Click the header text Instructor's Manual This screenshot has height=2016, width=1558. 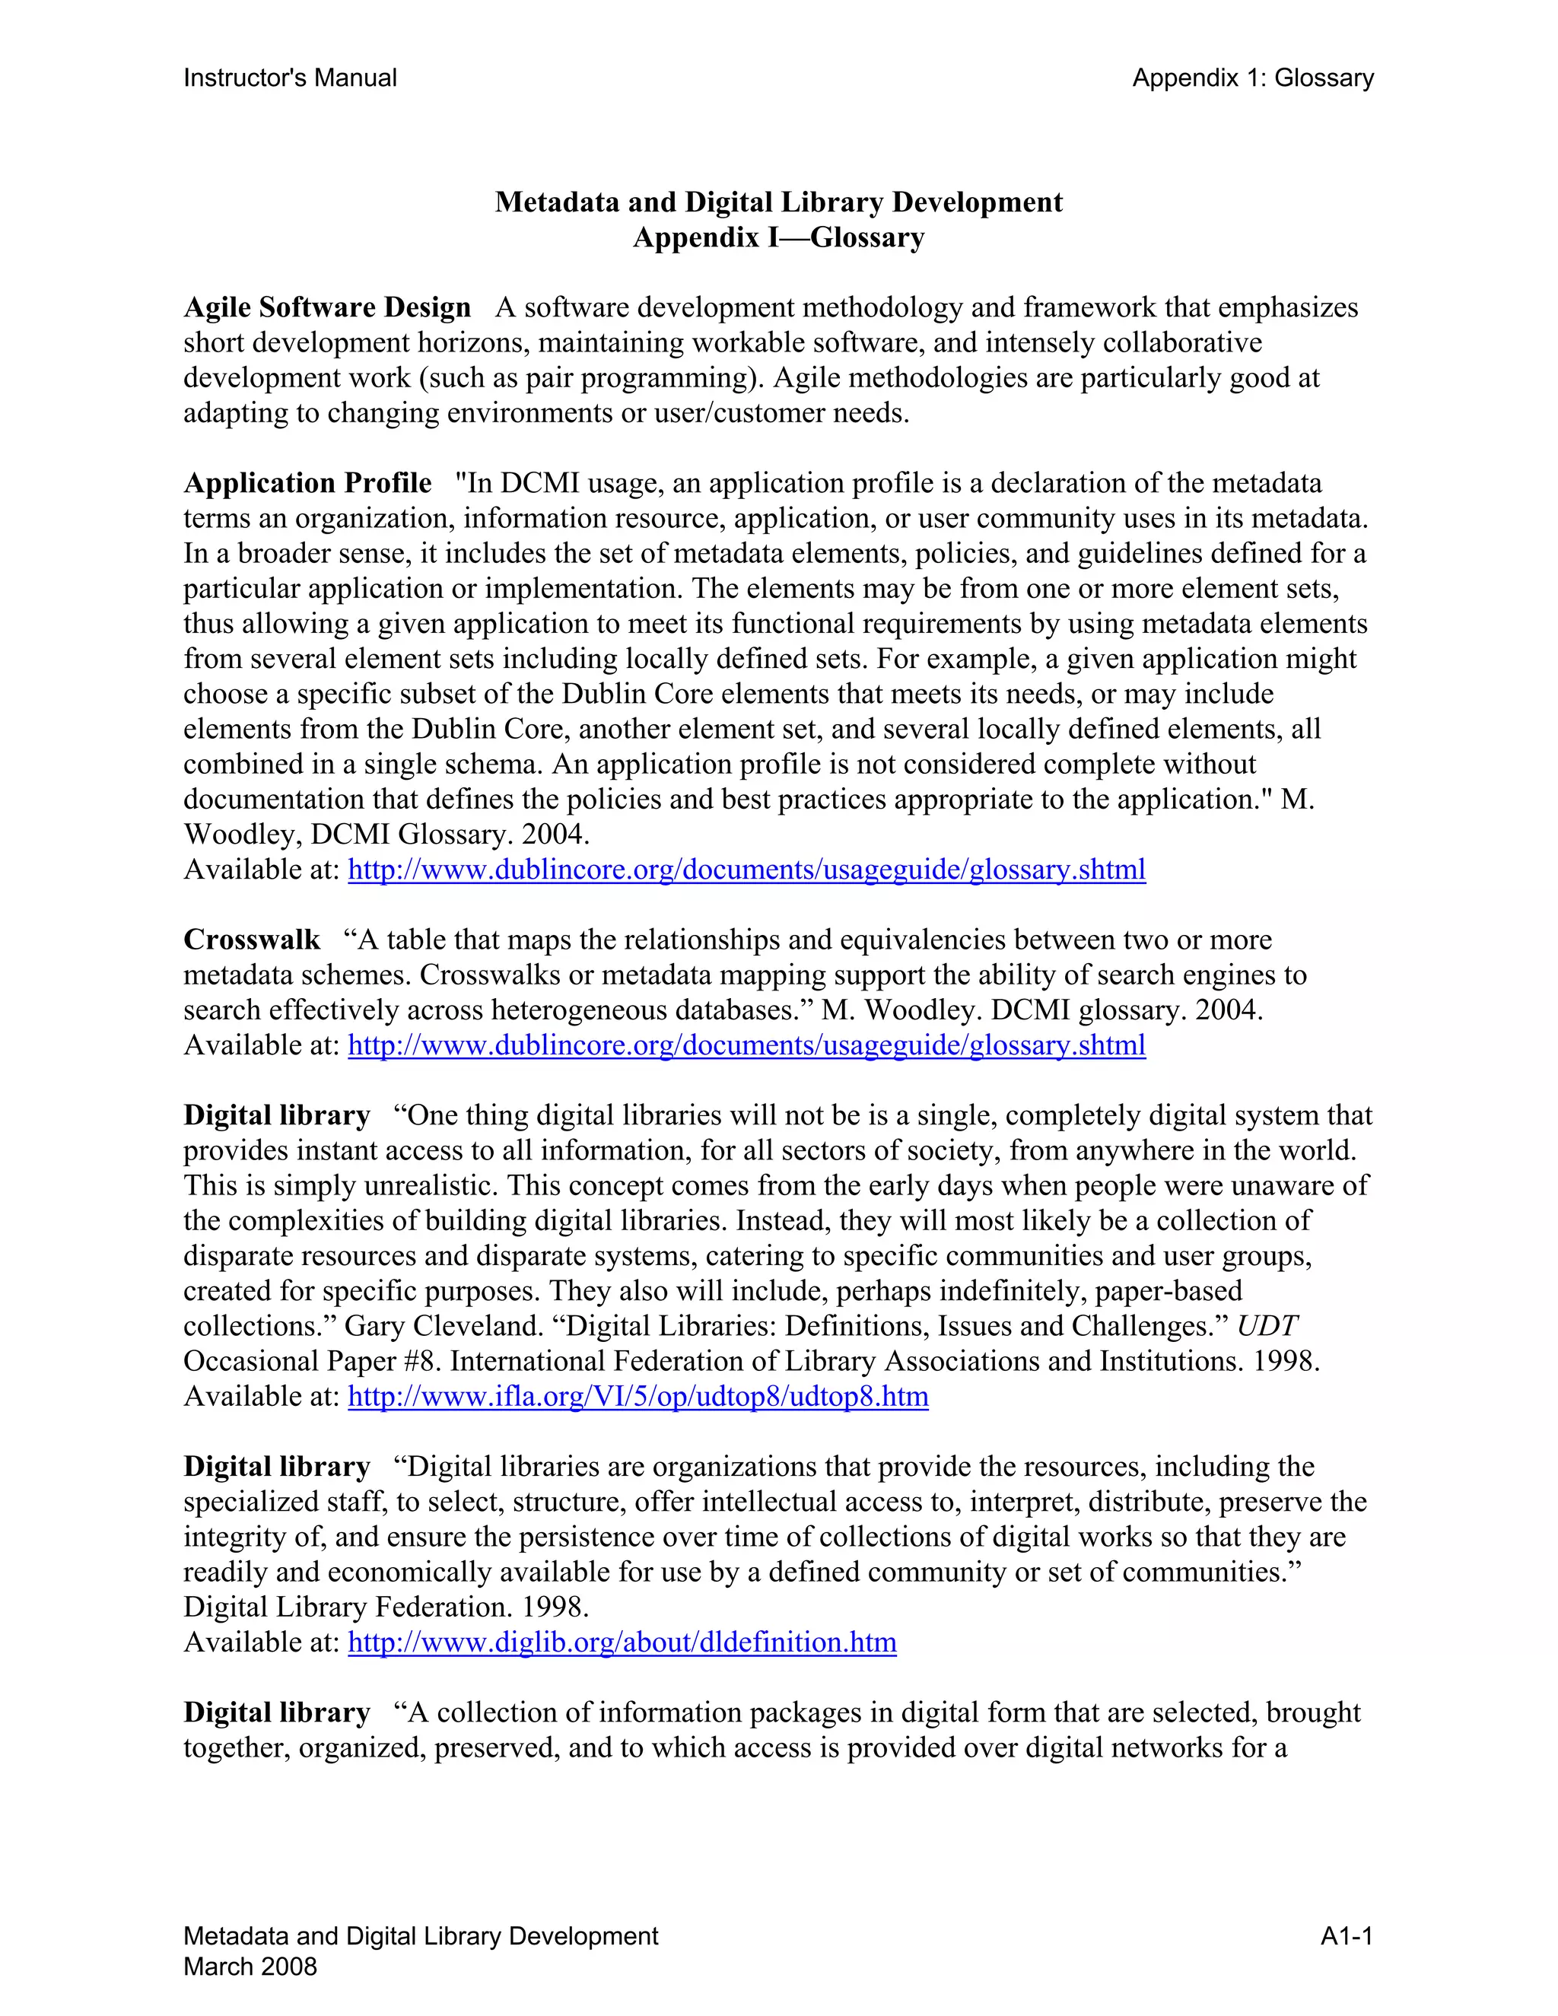[x=290, y=78]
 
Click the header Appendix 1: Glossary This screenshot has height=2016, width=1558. [x=1252, y=78]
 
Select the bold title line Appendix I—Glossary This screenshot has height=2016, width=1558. [x=778, y=237]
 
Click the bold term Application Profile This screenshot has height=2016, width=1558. [x=307, y=483]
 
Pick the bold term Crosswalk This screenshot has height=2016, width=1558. [x=251, y=940]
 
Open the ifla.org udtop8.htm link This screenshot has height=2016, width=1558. [x=638, y=1397]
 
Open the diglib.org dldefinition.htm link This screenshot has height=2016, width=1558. [x=622, y=1642]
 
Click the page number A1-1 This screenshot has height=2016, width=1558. [x=1346, y=1937]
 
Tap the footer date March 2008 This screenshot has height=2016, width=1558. [x=250, y=1967]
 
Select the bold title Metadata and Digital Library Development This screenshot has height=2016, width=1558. [x=778, y=202]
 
